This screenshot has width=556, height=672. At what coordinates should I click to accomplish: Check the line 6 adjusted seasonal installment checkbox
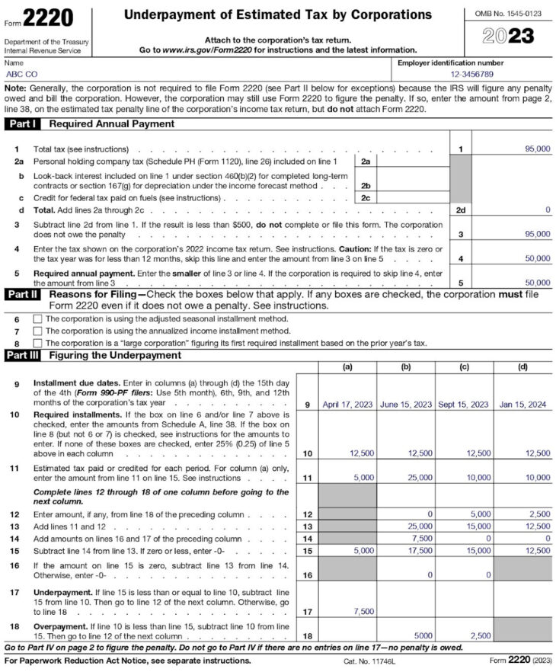[x=37, y=318]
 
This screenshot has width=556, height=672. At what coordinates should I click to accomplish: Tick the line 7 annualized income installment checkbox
[x=37, y=331]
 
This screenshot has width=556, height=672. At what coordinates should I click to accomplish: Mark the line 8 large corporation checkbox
[x=37, y=343]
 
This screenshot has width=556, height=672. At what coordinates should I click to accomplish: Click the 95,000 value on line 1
[x=538, y=149]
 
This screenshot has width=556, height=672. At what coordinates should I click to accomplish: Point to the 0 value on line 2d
[x=548, y=210]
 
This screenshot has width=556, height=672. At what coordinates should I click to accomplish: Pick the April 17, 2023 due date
[x=347, y=405]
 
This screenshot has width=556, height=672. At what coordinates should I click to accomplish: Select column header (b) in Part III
[x=406, y=367]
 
